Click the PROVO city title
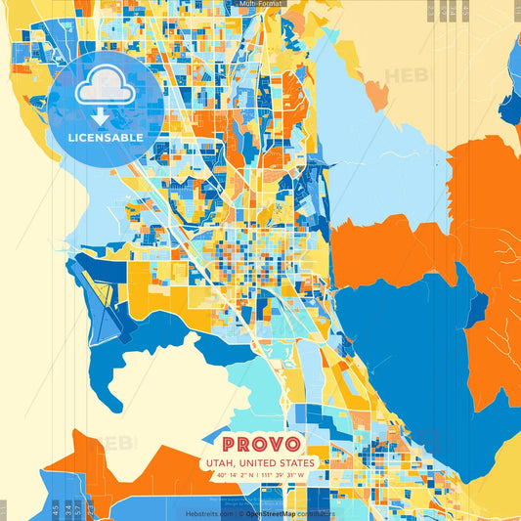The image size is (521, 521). click(260, 442)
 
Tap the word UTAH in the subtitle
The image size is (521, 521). click(221, 463)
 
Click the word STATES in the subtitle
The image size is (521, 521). click(295, 463)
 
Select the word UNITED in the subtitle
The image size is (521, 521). click(259, 463)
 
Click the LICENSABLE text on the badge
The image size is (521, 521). click(106, 137)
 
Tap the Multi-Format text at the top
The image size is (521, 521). click(260, 4)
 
